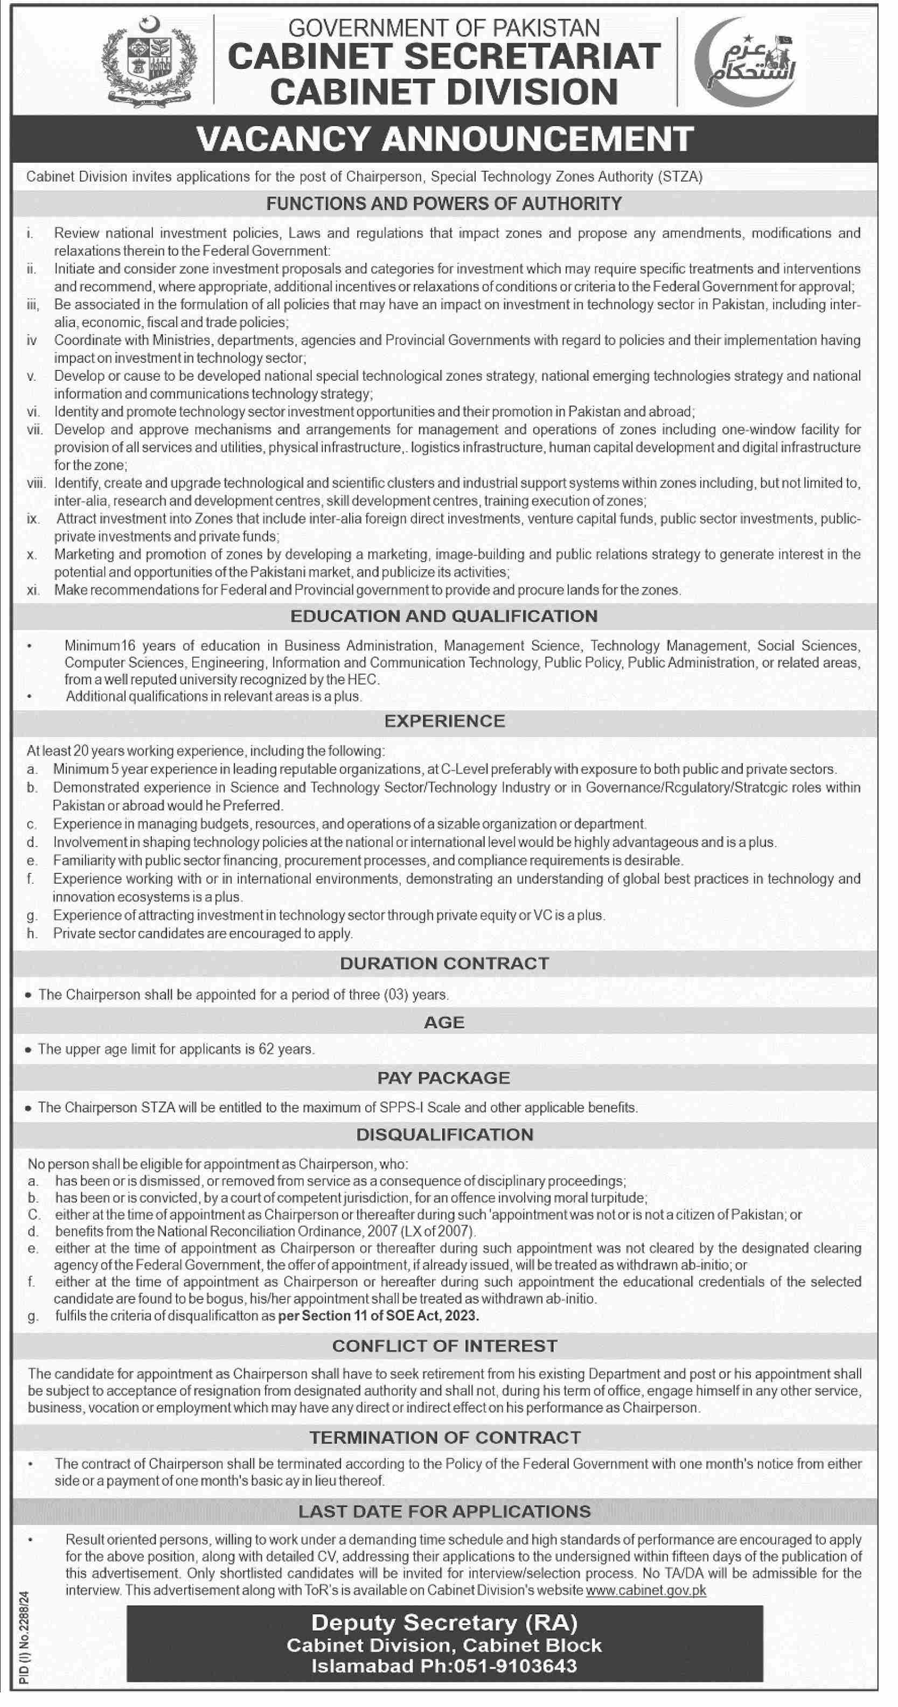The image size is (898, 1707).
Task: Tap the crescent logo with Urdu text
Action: pyautogui.click(x=745, y=62)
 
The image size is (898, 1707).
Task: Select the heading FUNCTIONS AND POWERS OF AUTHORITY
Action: pyautogui.click(x=444, y=204)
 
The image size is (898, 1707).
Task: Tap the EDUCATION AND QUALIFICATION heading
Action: pyautogui.click(x=444, y=616)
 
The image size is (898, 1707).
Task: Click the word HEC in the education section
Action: pyautogui.click(x=363, y=679)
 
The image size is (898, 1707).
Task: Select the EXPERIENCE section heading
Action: pyautogui.click(x=444, y=721)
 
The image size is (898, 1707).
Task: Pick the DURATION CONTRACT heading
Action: pyautogui.click(x=444, y=963)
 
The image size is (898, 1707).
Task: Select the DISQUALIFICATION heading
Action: pyautogui.click(x=444, y=1135)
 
